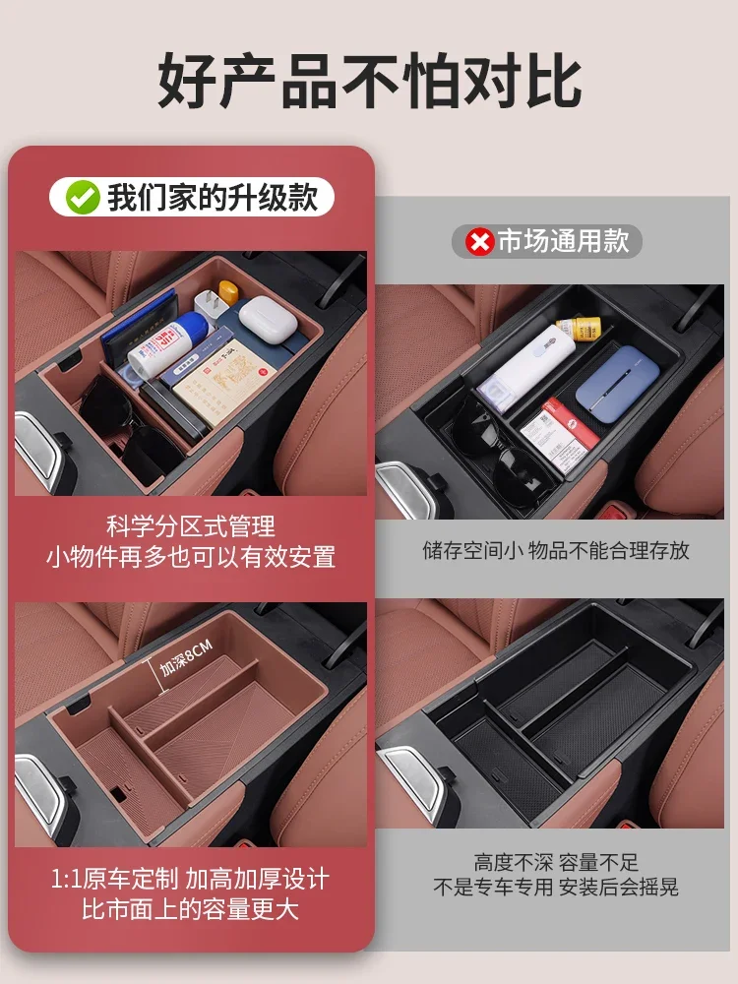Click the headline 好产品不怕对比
(369, 82)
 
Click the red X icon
(480, 242)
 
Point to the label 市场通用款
(563, 242)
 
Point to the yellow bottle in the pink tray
(229, 293)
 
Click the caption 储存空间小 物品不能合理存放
(556, 550)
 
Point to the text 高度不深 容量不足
(556, 863)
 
